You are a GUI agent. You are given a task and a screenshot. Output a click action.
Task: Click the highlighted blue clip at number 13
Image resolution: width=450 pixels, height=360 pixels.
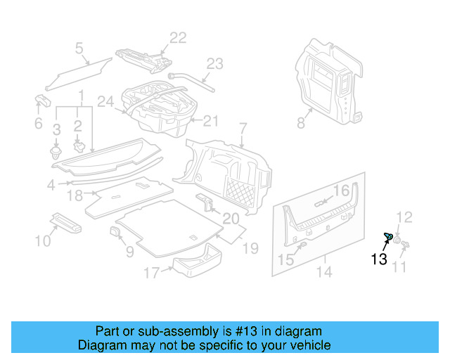(x=387, y=236)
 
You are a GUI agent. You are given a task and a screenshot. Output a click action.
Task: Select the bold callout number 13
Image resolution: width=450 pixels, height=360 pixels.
(x=378, y=259)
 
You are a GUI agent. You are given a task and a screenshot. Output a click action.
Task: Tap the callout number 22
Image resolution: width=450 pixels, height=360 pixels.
(x=178, y=38)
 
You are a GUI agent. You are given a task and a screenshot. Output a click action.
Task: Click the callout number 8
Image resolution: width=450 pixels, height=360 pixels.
(x=301, y=123)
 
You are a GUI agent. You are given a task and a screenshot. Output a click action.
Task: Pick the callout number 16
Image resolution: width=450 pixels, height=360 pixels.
(x=341, y=191)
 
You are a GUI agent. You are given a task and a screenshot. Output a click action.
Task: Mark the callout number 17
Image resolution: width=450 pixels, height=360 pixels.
(x=152, y=272)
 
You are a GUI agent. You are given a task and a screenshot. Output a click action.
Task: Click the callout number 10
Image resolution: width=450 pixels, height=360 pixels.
(x=44, y=241)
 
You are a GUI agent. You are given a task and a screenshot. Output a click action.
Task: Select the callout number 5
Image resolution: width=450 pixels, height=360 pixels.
(x=79, y=48)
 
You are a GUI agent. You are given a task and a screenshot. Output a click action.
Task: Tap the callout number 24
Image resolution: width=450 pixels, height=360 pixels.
(x=105, y=102)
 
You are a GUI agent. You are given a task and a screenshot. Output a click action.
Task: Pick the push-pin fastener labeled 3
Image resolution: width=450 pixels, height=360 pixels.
(x=56, y=150)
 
